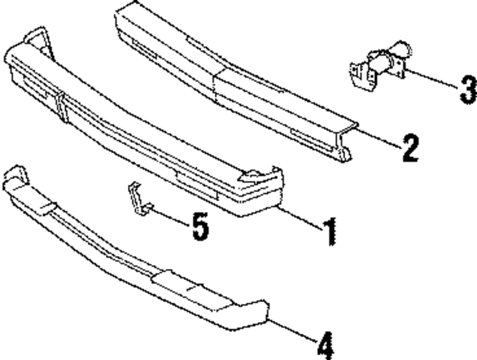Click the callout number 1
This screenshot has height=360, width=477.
pos(329,232)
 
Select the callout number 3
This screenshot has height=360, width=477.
pos(468,90)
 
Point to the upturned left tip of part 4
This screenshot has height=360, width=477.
pos(14,176)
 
